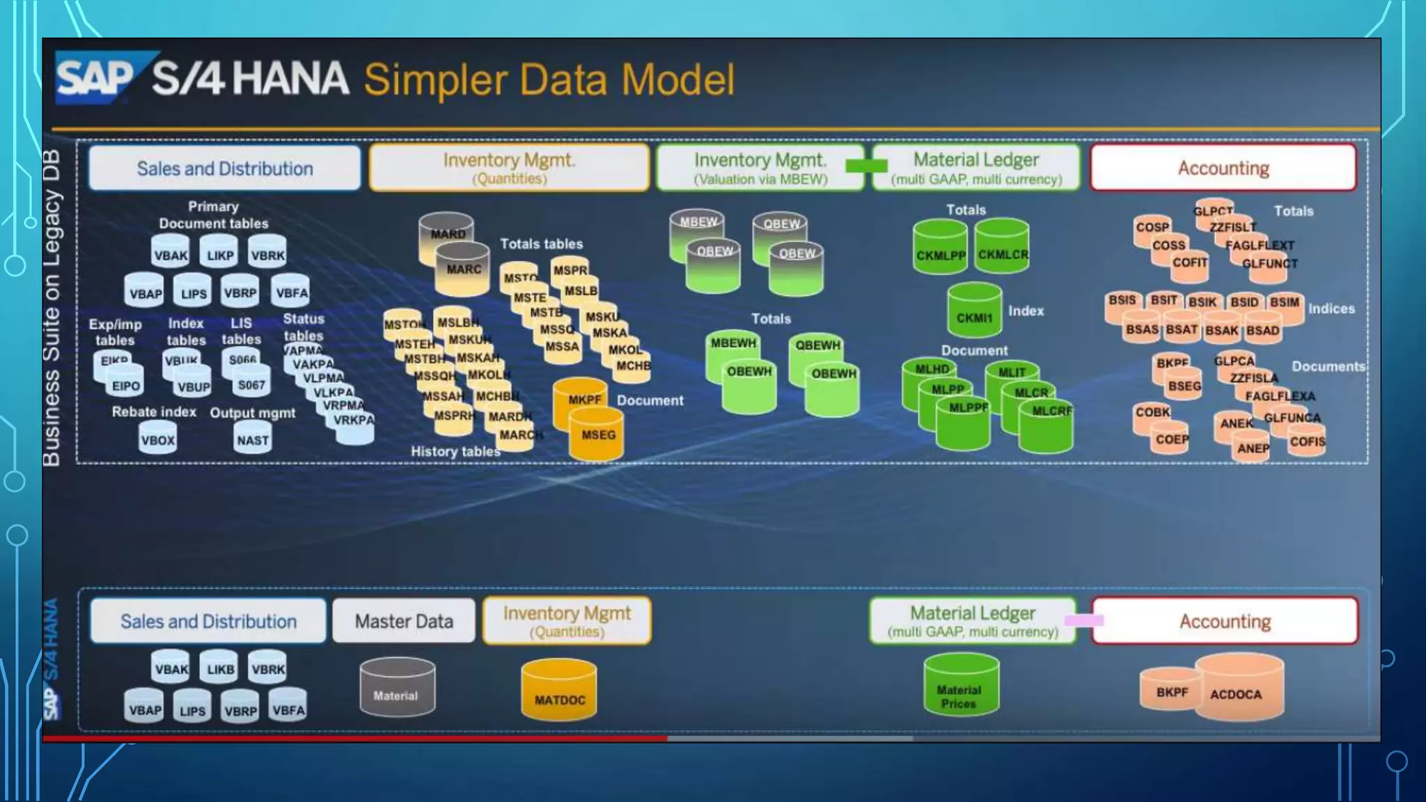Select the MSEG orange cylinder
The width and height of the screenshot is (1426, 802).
(597, 434)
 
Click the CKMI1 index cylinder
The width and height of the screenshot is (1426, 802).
(974, 313)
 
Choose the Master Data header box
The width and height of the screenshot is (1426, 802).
(404, 621)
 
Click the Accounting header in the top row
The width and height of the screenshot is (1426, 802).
(1223, 168)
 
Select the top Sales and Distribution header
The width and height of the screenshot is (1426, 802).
(224, 168)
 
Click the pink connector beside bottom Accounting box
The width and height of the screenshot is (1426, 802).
(1084, 620)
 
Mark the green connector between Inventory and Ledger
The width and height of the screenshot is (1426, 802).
(866, 166)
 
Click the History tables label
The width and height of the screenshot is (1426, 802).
(455, 451)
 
